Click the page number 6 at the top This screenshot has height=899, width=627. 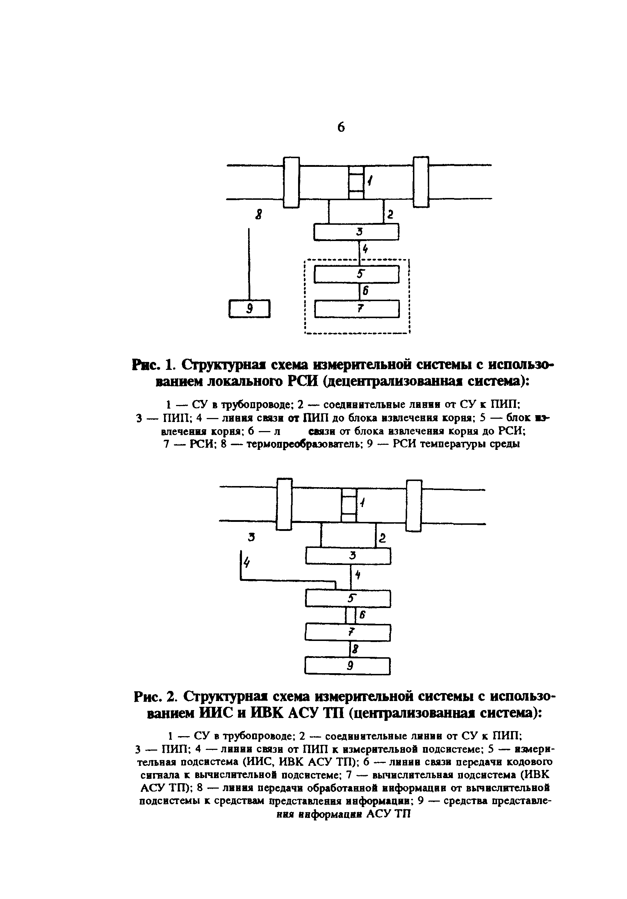pyautogui.click(x=340, y=127)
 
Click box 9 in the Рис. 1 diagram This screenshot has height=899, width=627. pyautogui.click(x=249, y=309)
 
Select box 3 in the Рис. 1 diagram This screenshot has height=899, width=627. pyautogui.click(x=356, y=232)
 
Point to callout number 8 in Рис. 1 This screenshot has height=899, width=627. pyautogui.click(x=258, y=215)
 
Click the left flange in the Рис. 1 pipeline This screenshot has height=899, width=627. pyautogui.click(x=291, y=182)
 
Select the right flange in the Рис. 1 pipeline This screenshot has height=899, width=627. pyautogui.click(x=421, y=182)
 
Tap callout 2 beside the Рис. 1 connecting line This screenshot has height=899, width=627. pyautogui.click(x=390, y=214)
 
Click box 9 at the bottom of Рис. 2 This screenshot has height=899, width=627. pyautogui.click(x=347, y=666)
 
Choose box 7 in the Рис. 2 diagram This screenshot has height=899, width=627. pyautogui.click(x=348, y=632)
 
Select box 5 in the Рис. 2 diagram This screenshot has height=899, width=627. pyautogui.click(x=348, y=598)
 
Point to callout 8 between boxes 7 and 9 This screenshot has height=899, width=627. pyautogui.click(x=355, y=649)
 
